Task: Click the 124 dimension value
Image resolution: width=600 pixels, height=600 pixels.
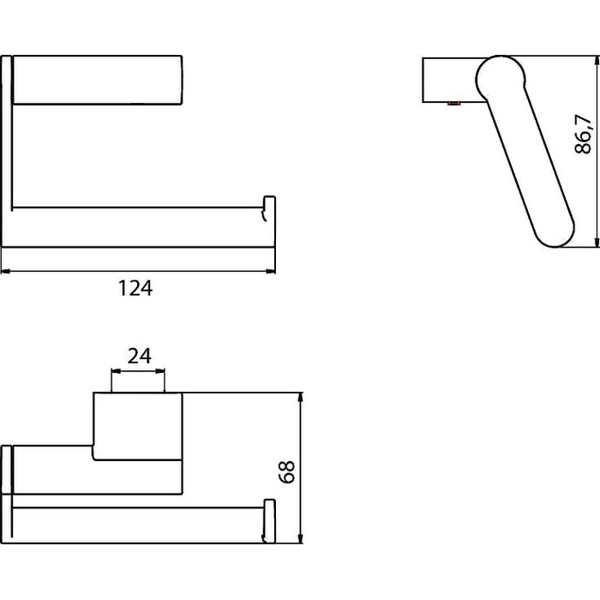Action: coord(135,288)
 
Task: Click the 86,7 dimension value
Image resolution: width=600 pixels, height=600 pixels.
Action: coord(584,134)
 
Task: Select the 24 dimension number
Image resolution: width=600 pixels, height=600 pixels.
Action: coord(139,356)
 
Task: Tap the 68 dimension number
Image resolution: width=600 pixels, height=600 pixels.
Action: coord(287,471)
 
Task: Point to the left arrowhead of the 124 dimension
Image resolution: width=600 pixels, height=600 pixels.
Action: coord(6,272)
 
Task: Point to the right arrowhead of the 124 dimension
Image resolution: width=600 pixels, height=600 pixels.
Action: coord(271,272)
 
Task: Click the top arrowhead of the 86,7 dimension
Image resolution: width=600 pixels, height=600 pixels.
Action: coord(597,61)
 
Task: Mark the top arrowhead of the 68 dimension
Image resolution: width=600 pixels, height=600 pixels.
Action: coord(301,398)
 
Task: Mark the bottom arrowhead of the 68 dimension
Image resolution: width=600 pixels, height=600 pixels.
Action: coord(301,537)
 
